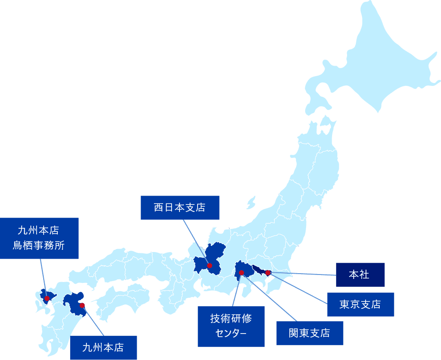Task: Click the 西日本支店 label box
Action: (x=180, y=208)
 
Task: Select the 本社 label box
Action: (x=360, y=275)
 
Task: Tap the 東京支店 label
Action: (x=360, y=304)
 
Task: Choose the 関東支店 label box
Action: (x=310, y=333)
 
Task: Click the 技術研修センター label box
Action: (x=231, y=326)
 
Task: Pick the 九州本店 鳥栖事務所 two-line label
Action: (x=39, y=238)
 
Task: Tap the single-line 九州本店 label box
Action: (x=103, y=348)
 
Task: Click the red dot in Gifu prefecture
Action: (x=209, y=266)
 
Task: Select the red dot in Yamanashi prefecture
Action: (x=241, y=273)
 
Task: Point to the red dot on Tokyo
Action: (x=268, y=273)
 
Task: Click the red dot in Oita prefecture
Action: (x=82, y=305)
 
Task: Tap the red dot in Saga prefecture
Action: (x=47, y=298)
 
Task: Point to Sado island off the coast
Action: (x=251, y=203)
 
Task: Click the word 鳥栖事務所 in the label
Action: (x=39, y=245)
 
